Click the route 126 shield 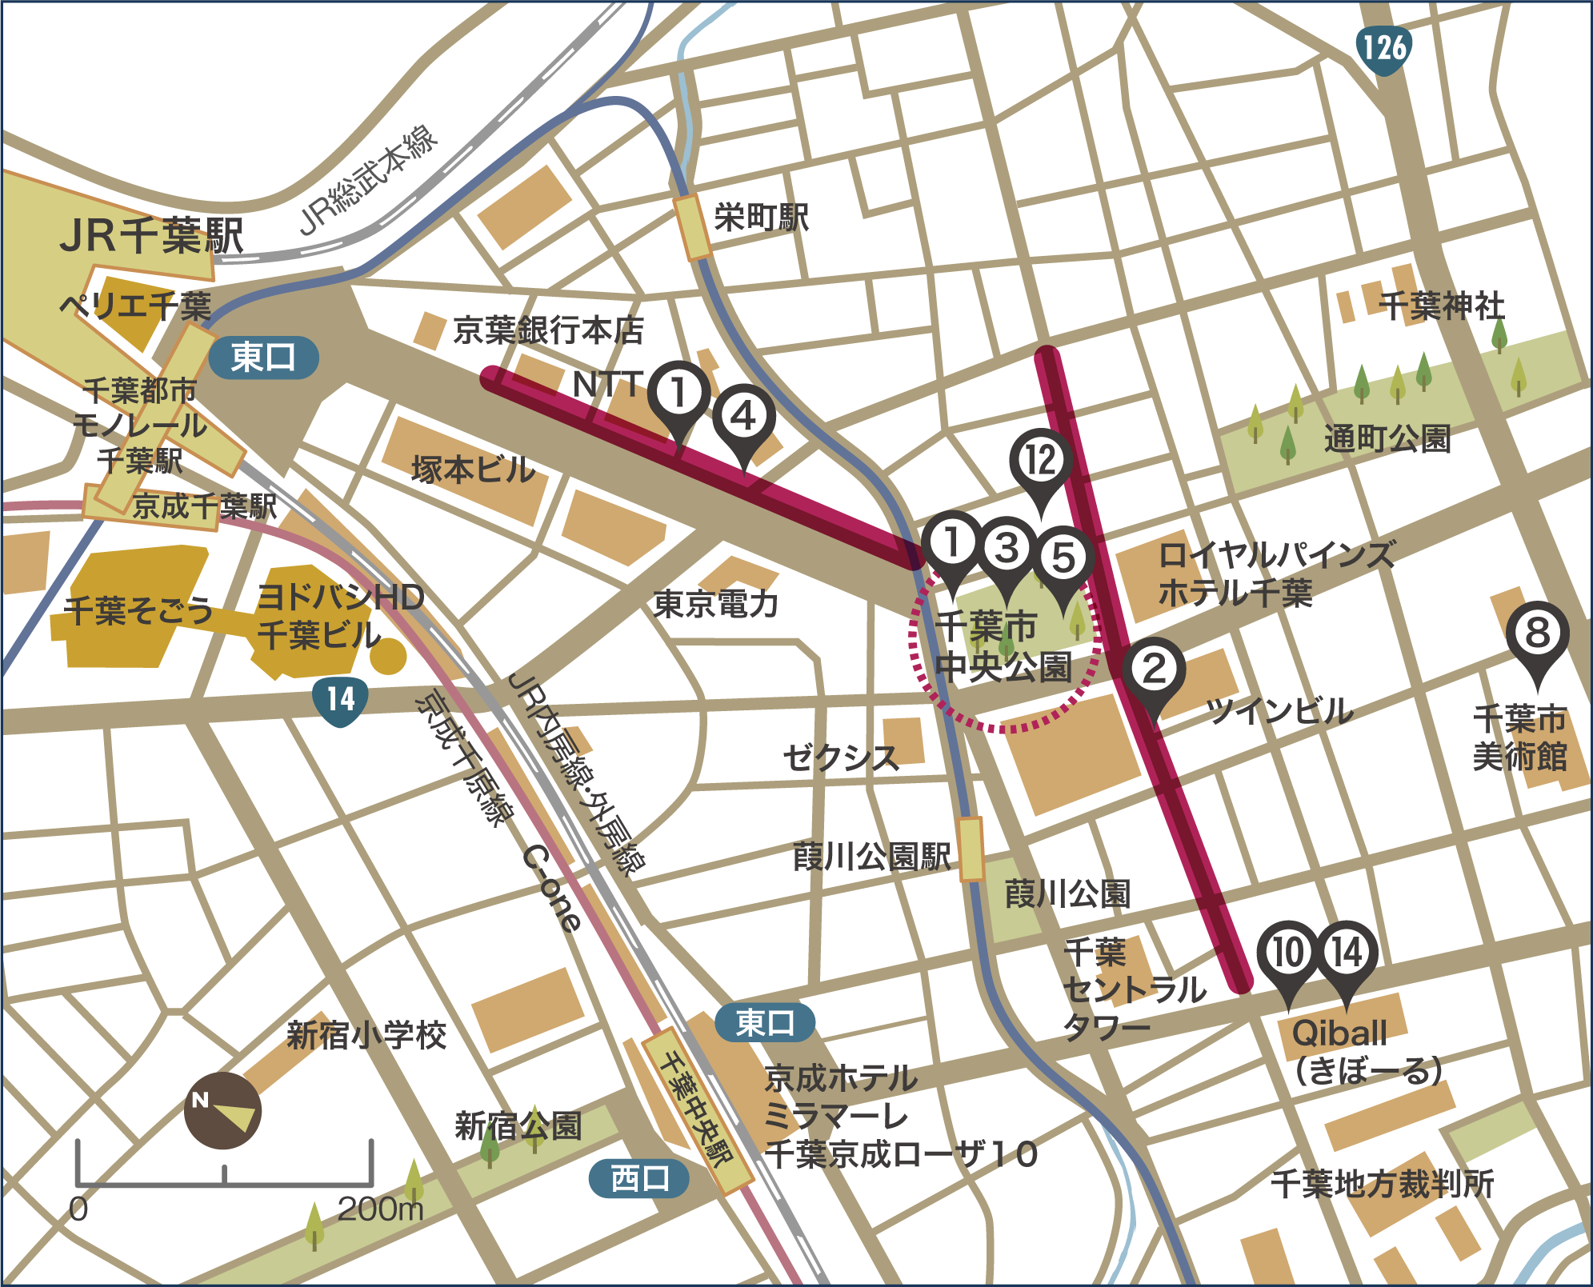[x=1383, y=48]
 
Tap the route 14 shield [x=340, y=700]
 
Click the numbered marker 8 [x=1537, y=634]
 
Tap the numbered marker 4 [x=744, y=417]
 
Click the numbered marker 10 [x=1287, y=953]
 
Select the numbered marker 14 [x=1347, y=953]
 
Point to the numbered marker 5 [x=1063, y=558]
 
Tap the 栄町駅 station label [x=761, y=218]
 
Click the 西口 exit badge [x=638, y=1178]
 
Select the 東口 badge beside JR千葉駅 [x=263, y=357]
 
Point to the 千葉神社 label [x=1441, y=306]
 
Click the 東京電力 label [x=716, y=604]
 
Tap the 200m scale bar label [x=380, y=1209]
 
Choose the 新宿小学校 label [x=366, y=1035]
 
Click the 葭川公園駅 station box [x=971, y=849]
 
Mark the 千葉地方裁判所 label [x=1382, y=1184]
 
